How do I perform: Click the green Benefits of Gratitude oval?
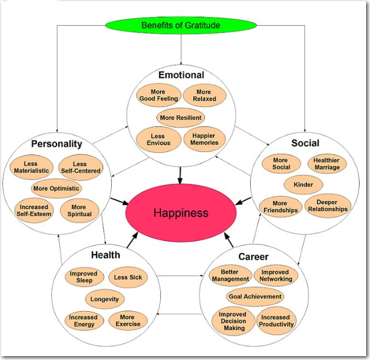180,25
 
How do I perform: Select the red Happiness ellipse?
181,212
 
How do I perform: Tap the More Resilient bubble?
181,117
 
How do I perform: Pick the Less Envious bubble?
158,139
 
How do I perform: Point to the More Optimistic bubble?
56,188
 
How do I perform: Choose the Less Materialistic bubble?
32,167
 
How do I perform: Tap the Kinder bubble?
303,185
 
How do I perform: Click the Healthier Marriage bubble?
327,164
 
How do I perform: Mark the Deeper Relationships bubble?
327,205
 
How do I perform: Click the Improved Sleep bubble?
83,277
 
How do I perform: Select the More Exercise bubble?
127,321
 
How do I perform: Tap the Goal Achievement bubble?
255,296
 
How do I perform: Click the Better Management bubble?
231,275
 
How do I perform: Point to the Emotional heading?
181,75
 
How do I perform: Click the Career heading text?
253,256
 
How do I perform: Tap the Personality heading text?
57,144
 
